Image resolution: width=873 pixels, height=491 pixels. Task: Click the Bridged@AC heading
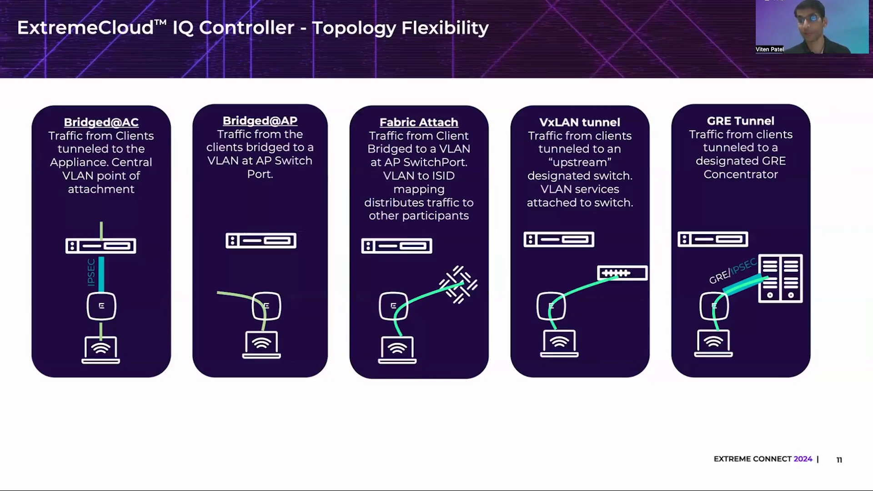101,122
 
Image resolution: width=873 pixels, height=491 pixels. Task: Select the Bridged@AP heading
260,121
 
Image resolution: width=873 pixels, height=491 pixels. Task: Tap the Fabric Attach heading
419,122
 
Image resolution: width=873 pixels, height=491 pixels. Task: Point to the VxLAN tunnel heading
580,122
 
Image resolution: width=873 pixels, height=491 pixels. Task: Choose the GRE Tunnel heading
740,121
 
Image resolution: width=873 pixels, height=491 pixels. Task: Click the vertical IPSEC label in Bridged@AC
91,272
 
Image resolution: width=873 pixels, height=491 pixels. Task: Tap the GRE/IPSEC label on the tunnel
733,271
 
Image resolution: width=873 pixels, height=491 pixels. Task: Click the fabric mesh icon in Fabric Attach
458,285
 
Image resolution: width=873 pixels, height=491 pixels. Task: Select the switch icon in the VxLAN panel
622,273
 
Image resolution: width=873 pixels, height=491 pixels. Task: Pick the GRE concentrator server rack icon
780,279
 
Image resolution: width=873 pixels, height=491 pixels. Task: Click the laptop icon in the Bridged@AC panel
101,350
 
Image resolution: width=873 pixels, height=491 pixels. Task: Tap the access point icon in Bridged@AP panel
266,306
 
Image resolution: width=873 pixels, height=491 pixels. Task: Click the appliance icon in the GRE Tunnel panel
712,239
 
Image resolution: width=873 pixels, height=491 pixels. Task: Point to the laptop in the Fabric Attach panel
397,350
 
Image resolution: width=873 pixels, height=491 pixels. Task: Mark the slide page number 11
839,460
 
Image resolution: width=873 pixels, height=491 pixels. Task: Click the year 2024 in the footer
803,459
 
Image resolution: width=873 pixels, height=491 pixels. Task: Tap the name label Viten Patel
769,49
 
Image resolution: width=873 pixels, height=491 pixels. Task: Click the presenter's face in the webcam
811,20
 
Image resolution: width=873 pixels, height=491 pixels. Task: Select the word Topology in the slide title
354,28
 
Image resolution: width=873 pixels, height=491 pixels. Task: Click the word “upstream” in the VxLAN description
580,162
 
